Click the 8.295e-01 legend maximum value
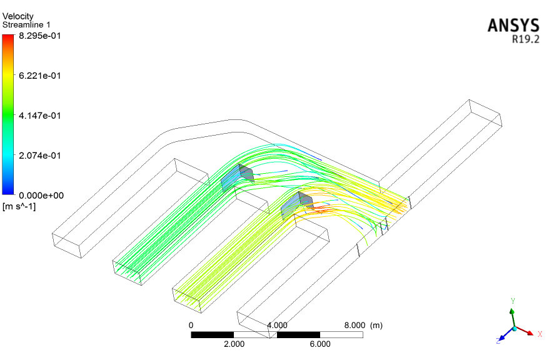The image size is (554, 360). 39,36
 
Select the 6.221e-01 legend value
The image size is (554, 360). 39,76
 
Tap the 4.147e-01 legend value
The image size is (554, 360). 39,116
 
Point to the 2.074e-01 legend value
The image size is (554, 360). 39,156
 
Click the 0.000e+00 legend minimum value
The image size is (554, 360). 41,196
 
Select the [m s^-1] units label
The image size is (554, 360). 19,206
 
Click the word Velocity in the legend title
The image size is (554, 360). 18,16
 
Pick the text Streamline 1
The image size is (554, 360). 26,25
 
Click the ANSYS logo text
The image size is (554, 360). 513,26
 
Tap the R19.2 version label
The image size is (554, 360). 526,39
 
